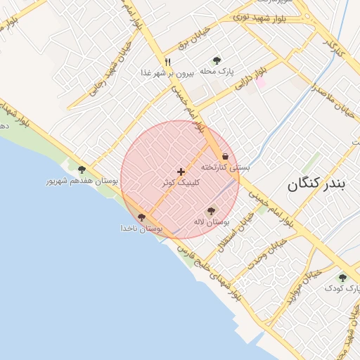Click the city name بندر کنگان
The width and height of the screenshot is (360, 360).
pos(316,186)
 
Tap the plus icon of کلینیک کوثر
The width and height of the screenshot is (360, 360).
pos(181,172)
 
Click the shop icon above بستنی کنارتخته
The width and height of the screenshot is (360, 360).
pos(225,155)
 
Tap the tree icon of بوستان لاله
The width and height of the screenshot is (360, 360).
pos(211,211)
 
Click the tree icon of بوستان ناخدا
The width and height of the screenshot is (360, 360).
pos(142,218)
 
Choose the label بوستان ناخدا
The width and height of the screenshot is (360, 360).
pos(141,229)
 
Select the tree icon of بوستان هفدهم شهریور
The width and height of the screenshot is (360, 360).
pos(82,169)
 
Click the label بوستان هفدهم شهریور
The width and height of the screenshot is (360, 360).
pos(82,181)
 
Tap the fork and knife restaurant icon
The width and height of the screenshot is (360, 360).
pos(167,62)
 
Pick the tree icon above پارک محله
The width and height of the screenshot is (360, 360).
pos(216,60)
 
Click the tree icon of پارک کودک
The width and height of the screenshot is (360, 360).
pos(342,278)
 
